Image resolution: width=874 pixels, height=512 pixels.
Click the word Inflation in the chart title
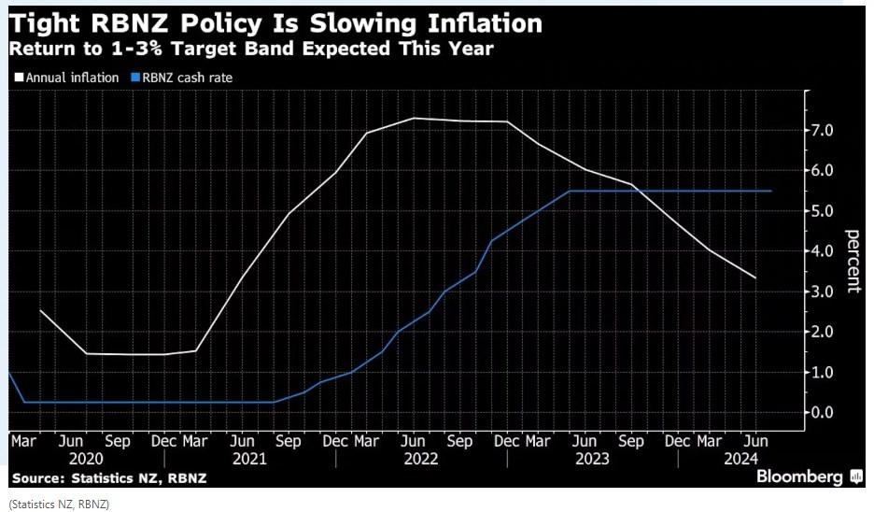tap(471, 22)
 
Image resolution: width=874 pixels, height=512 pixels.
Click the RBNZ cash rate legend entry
tap(183, 78)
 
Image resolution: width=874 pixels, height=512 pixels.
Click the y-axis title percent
tap(853, 261)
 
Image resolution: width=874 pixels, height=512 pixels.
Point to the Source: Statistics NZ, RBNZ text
tap(108, 478)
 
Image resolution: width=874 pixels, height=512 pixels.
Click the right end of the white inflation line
tap(755, 278)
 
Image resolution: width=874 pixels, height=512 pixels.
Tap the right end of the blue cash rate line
tap(772, 191)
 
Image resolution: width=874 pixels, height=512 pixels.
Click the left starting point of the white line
tap(40, 310)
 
